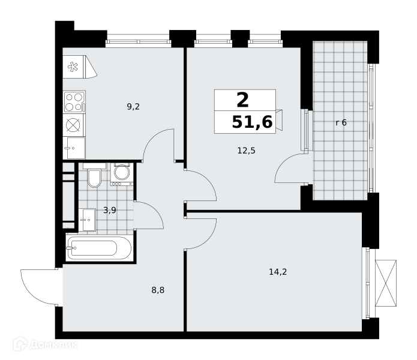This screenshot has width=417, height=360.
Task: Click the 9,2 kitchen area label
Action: pos(133,107)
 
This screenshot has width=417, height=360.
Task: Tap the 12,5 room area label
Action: pos(246,151)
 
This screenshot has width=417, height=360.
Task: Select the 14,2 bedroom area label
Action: pos(278,272)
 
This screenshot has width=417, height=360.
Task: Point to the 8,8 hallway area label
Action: pos(158,290)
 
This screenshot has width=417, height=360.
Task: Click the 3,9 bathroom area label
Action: pos(110,211)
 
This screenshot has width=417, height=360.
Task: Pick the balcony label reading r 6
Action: pos(341,122)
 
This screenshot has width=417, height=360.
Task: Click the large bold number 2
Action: pos(242,100)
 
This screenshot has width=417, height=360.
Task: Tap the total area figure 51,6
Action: pos(253,122)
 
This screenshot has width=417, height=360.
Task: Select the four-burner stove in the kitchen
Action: pos(74,101)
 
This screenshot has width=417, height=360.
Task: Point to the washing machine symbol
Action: pos(122,174)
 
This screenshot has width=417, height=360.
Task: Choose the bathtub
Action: pos(99,248)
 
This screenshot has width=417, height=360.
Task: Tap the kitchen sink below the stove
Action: pos(74,148)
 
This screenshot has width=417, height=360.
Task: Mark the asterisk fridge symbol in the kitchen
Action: pos(73,67)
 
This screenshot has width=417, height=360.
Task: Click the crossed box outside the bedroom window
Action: pos(386,283)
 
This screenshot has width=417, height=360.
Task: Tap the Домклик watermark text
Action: pos(53,345)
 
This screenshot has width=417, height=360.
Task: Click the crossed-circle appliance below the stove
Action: pos(73,125)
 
